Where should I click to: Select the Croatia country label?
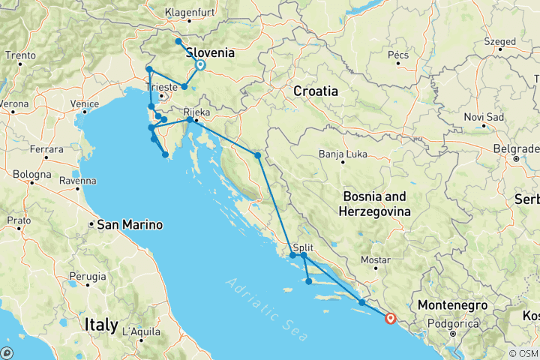point(315,91)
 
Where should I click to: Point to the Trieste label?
point(163,87)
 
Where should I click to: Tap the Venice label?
point(85,103)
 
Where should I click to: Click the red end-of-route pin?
point(390,318)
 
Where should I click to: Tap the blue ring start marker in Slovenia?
point(200,65)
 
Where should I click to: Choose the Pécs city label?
point(397,55)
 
